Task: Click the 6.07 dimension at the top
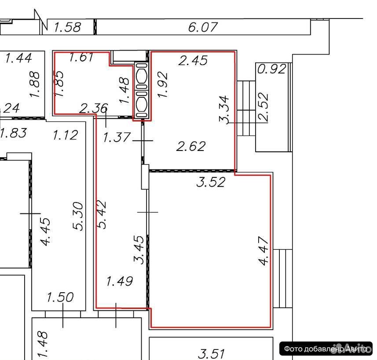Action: click(203, 27)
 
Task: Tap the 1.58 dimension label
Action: click(68, 27)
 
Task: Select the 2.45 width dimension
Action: click(193, 60)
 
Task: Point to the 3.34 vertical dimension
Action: click(224, 110)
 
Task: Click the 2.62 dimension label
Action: click(191, 146)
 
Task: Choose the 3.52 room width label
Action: click(211, 182)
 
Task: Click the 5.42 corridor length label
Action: click(102, 214)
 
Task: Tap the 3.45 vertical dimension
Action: click(139, 250)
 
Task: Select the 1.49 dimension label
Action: click(120, 281)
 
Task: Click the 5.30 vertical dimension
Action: click(78, 216)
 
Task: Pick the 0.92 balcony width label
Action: click(272, 69)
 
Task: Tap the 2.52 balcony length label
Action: click(263, 107)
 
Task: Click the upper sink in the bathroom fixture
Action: click(142, 76)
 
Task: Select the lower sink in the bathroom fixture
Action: click(142, 104)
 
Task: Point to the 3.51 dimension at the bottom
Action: click(211, 353)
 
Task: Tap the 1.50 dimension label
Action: click(60, 297)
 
